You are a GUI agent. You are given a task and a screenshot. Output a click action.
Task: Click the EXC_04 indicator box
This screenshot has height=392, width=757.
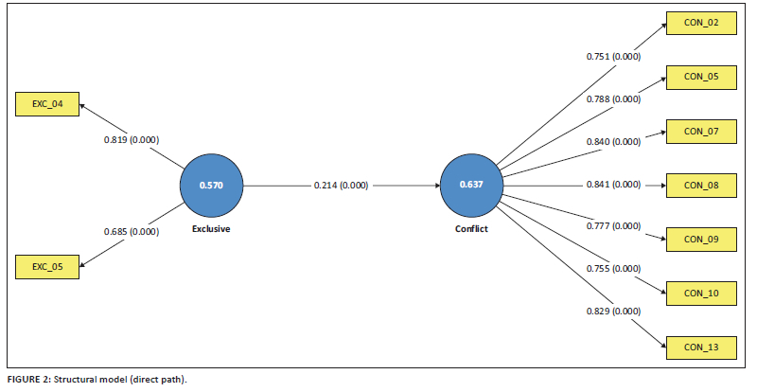pos(47,104)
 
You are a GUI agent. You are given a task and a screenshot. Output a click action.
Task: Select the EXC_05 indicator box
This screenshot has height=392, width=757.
pos(47,267)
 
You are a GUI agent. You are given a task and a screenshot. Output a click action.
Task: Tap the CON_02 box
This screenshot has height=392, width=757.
pos(701,23)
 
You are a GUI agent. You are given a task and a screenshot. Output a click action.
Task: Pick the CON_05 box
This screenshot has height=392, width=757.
pos(701,78)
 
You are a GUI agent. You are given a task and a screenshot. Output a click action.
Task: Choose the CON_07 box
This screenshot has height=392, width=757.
pos(701,132)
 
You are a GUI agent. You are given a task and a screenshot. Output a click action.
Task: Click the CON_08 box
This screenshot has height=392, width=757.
pos(701,186)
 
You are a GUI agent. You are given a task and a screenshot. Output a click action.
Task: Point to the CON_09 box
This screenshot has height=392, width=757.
pos(701,240)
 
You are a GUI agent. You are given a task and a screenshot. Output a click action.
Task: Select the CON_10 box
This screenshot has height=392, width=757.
pos(701,294)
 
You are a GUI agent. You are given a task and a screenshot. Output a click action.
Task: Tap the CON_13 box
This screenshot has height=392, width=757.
pos(701,347)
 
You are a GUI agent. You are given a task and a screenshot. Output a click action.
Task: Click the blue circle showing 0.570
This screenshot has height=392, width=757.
pos(211,186)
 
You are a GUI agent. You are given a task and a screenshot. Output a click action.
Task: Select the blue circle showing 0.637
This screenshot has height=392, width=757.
pos(471,186)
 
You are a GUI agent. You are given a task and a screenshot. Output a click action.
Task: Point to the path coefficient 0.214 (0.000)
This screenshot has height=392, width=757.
pos(341,186)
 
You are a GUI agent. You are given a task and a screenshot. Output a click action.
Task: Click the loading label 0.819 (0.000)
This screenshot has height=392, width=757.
pos(132,140)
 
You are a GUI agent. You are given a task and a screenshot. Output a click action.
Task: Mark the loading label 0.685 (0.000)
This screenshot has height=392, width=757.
pos(132,232)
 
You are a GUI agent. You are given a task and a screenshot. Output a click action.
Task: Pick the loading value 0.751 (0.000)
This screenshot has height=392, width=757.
pos(613,57)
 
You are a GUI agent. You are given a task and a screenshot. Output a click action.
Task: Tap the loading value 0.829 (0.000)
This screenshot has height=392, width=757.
pos(613,312)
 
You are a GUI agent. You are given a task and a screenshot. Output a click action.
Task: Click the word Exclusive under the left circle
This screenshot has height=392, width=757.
pos(211,228)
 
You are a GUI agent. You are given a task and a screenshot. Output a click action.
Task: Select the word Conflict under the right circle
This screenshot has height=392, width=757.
pos(471,228)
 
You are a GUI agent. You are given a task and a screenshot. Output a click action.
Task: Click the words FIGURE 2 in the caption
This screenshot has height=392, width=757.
pos(27,380)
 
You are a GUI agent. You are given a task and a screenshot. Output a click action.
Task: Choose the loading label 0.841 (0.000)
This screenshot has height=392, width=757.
pos(613,184)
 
